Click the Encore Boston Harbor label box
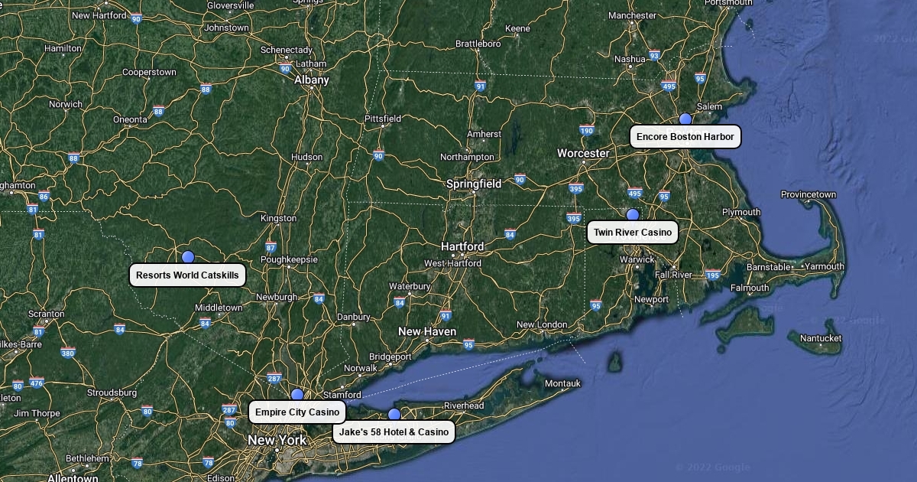[685, 137]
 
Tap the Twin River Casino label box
[633, 233]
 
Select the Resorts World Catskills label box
[187, 275]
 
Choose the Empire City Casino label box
[296, 412]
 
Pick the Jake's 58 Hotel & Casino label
[394, 432]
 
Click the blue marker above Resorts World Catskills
[188, 257]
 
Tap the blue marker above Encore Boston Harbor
[685, 119]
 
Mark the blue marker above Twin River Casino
[633, 215]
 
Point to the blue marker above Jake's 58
[394, 415]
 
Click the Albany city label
[311, 80]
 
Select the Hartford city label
[462, 246]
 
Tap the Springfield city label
[474, 184]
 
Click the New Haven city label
[427, 331]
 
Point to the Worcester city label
[583, 153]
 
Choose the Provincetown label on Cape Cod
[808, 194]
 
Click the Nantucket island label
[821, 338]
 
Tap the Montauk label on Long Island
[562, 383]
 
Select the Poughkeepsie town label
[289, 259]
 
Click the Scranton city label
[46, 314]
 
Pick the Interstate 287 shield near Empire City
[274, 378]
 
